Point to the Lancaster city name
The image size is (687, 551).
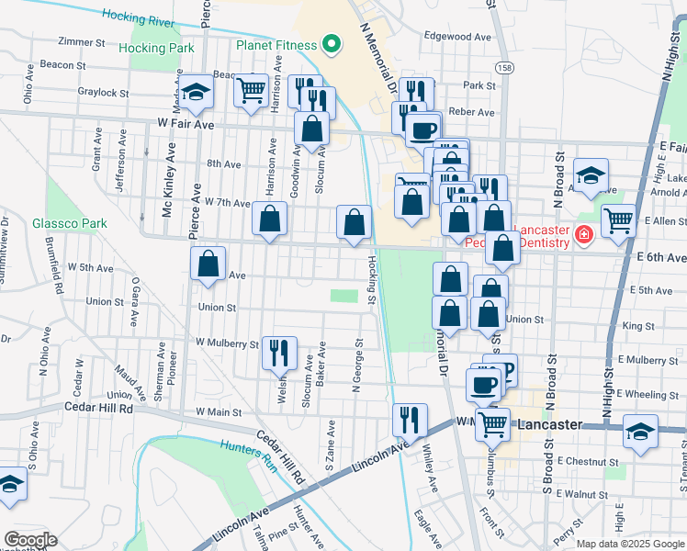coord(551,425)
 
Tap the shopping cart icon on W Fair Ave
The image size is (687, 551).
coord(251,90)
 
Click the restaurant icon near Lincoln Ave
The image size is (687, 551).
coord(410,419)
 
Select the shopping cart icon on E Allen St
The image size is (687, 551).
coord(619,220)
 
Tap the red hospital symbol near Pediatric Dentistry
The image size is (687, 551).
coord(582,237)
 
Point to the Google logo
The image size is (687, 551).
coord(29,540)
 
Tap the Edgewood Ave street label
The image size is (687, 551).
coord(458,37)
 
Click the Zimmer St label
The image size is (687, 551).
coord(82,42)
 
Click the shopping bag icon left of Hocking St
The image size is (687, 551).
coord(355,221)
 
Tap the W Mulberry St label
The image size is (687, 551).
coord(227,344)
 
